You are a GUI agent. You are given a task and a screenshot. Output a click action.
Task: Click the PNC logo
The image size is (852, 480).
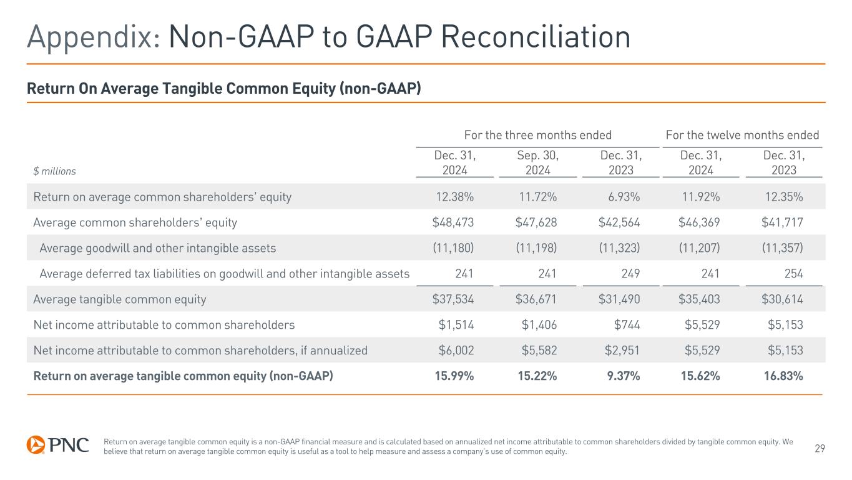[x=57, y=444]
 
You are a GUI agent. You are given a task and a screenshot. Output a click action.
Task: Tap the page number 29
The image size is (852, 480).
[x=820, y=447]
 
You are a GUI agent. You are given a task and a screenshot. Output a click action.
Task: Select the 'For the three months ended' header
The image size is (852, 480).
[x=537, y=135]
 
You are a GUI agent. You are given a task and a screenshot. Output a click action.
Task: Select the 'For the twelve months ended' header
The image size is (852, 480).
[x=742, y=135]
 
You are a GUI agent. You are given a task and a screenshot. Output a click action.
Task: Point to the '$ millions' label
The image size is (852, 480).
[x=54, y=171]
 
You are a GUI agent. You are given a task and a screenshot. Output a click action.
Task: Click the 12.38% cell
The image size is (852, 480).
[x=453, y=197]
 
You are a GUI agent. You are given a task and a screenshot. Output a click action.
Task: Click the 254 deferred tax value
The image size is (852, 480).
[x=793, y=274]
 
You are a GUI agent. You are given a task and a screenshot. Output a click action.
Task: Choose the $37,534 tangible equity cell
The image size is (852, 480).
[x=453, y=299]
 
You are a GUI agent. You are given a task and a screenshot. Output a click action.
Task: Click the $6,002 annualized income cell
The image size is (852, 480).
[x=456, y=351]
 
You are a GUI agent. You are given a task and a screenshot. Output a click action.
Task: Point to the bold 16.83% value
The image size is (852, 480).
[x=783, y=376]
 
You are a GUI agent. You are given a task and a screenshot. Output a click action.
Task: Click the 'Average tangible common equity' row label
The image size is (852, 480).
[x=120, y=299]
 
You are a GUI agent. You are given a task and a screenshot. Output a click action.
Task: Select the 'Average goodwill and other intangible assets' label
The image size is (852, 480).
[x=157, y=248]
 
